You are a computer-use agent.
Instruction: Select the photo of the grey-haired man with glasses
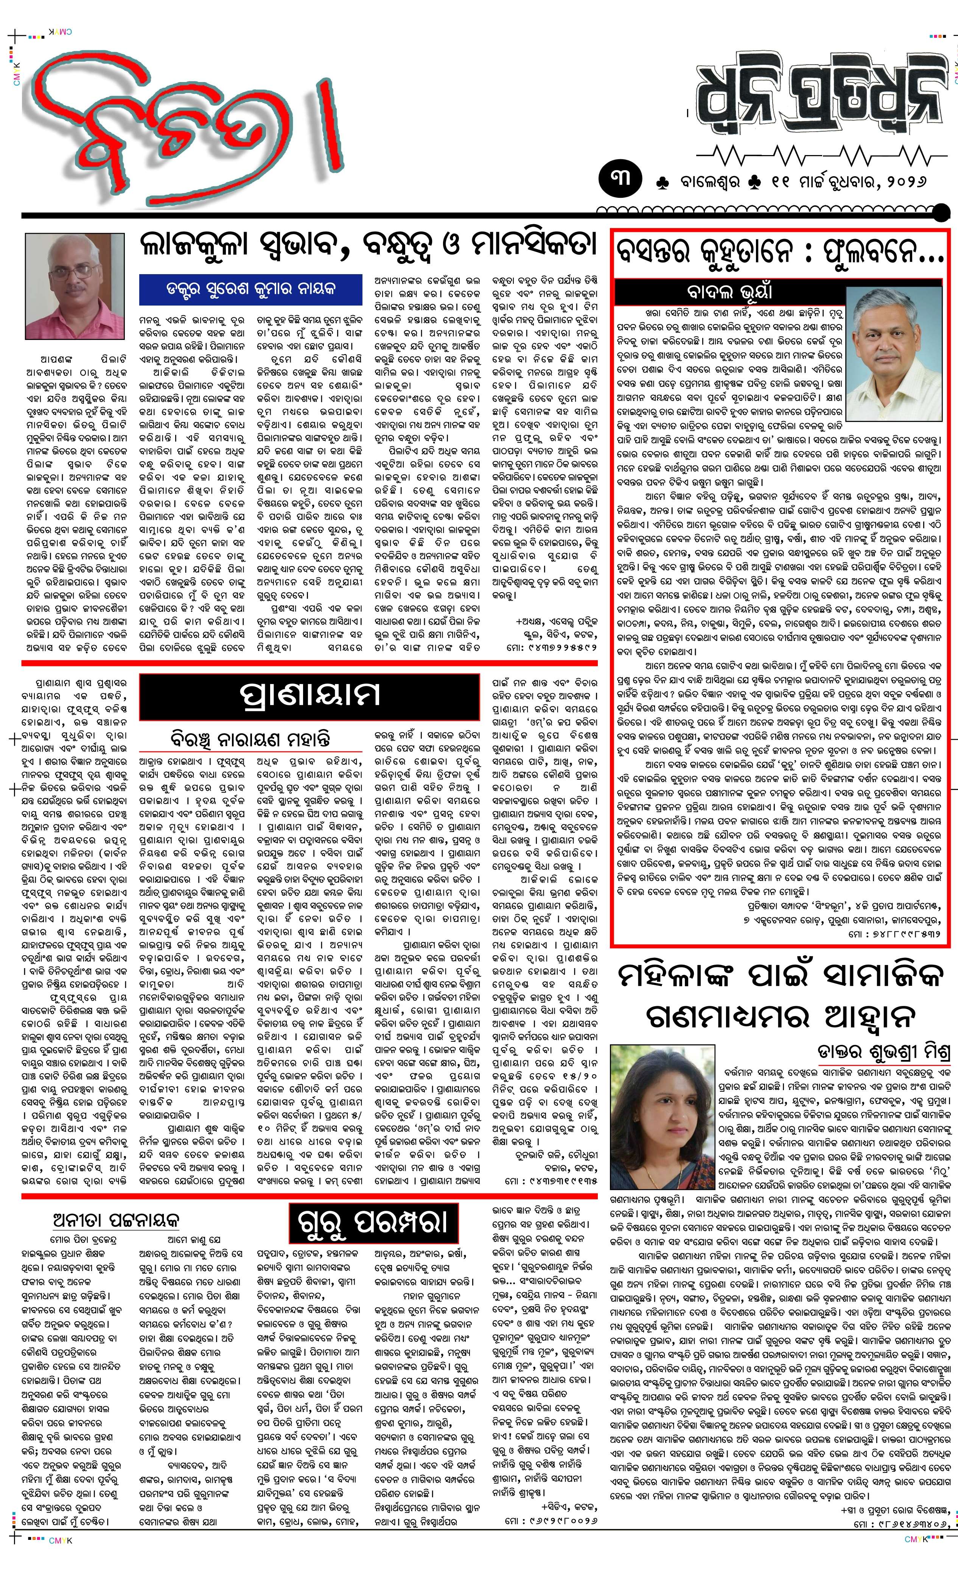pos(894,353)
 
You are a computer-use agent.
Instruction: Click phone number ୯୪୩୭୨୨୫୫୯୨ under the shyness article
pos(561,647)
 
